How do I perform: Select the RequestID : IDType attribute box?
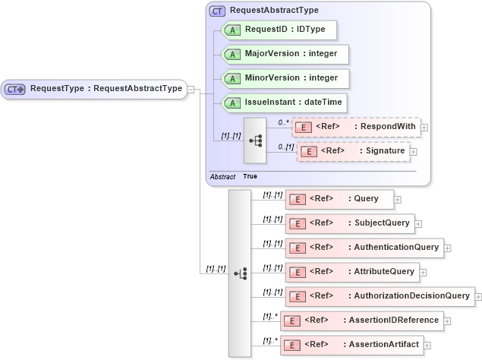[x=278, y=30]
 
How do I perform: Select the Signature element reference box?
[x=353, y=151]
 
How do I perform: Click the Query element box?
[x=339, y=199]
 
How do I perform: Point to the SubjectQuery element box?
[x=349, y=223]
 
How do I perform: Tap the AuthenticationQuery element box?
[x=364, y=248]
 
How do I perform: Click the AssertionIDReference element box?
[x=362, y=321]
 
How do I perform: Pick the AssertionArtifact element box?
[x=351, y=345]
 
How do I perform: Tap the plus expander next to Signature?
[x=414, y=152]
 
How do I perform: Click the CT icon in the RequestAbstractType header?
[x=218, y=11]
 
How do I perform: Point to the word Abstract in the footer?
[x=222, y=176]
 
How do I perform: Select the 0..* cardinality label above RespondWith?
[x=284, y=122]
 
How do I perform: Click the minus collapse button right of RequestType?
[x=191, y=89]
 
